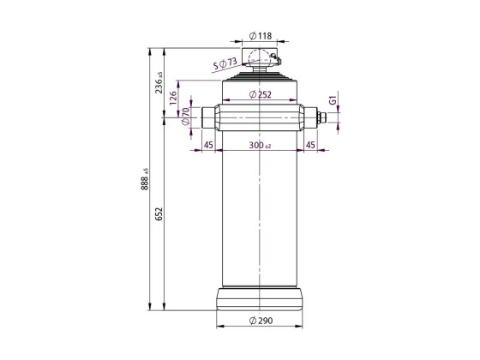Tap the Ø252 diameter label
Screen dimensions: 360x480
point(260,95)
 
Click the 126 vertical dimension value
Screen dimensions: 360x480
point(174,99)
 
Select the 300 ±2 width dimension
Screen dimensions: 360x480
point(260,145)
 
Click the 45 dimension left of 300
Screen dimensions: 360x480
point(209,145)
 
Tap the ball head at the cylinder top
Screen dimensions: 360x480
point(259,57)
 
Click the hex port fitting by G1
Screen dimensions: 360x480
point(323,118)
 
